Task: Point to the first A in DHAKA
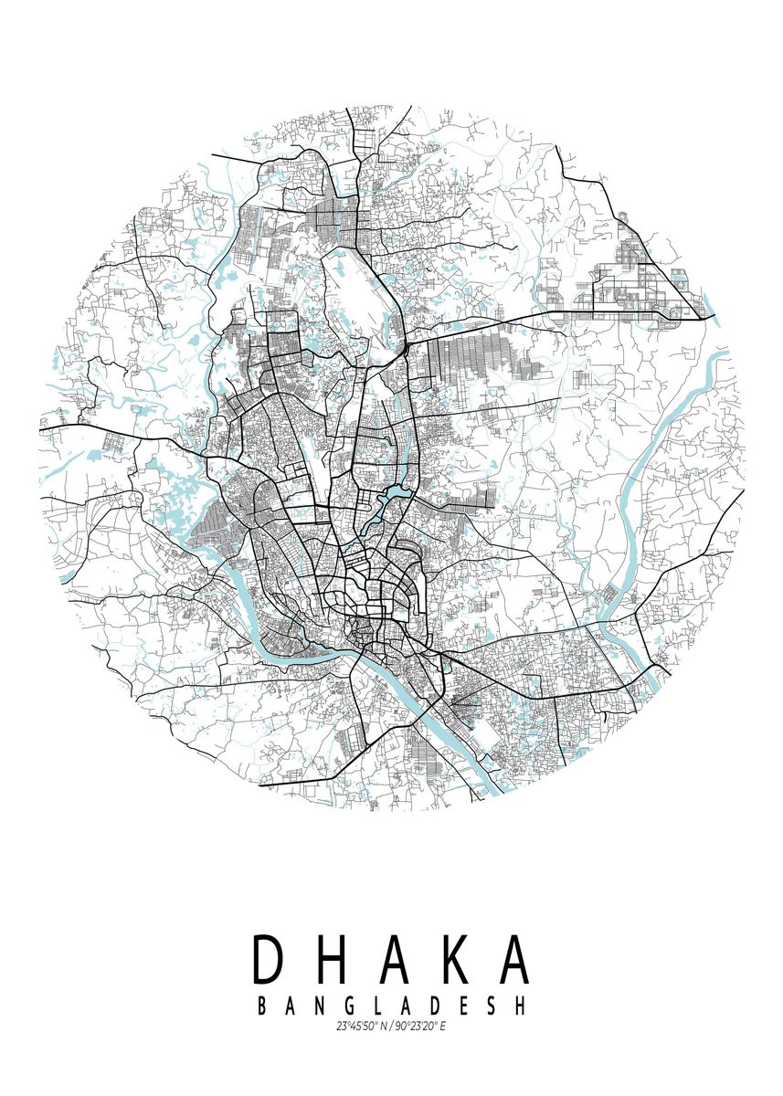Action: tap(390, 961)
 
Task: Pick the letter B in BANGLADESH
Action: tap(263, 1006)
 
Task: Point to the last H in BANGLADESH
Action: tap(521, 1006)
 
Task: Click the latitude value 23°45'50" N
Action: tap(362, 1027)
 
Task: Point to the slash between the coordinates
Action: tap(391, 1027)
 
